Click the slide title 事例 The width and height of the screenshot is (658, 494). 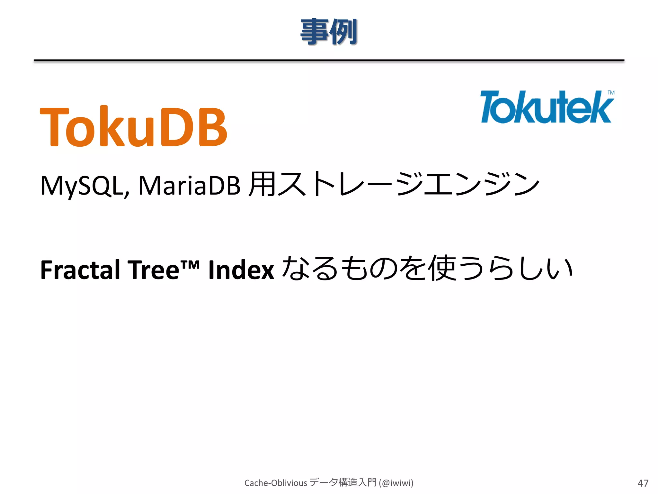329,32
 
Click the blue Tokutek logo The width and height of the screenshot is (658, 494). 546,107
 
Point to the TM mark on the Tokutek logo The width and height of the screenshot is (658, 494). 611,93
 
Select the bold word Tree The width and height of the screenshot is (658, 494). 153,270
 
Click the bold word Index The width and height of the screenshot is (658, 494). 241,270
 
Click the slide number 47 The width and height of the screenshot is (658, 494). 643,483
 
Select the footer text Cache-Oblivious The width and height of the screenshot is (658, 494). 276,483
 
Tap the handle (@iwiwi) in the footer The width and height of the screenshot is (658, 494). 396,483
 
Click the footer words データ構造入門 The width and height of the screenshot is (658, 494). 343,482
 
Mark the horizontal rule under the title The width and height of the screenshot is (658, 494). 329,60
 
